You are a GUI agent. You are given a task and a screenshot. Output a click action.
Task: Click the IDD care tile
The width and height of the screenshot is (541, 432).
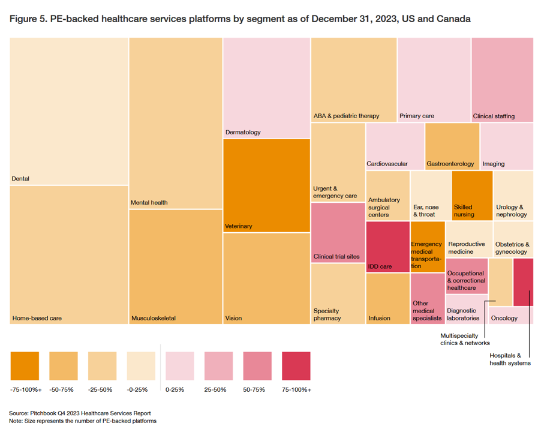point(388,247)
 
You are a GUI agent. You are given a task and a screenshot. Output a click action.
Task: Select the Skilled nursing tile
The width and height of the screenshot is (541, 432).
point(471,196)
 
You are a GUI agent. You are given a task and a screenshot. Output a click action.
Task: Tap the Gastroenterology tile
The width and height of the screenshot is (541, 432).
point(452,146)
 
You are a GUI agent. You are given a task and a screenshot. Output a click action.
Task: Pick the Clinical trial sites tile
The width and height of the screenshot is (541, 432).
point(338,232)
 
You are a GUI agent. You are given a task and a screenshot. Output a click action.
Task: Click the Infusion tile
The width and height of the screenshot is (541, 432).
point(387,298)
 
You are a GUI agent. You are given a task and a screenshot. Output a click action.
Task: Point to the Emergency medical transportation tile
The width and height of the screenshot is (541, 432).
point(428,247)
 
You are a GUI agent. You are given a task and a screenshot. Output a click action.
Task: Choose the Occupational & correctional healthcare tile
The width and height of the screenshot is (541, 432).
point(467,275)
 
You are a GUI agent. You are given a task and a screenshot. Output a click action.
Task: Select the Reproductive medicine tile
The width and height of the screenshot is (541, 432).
point(468,239)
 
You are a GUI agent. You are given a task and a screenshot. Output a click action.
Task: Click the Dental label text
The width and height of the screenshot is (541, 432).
point(20,179)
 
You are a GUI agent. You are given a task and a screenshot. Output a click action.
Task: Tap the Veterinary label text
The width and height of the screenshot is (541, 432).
point(238,226)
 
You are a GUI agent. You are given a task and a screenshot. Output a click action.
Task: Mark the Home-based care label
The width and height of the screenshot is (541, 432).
point(37,318)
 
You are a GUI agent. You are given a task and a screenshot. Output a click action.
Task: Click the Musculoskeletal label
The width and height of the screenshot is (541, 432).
point(153,318)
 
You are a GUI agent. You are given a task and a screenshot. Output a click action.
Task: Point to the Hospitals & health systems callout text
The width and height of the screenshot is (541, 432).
point(510,359)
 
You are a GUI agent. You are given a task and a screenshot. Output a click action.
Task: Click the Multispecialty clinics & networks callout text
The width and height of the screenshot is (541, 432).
point(465,339)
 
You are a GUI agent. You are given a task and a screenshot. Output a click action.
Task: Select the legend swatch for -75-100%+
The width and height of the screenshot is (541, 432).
point(25,366)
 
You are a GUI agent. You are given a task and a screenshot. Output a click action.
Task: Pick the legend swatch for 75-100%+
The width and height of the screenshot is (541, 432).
point(296,366)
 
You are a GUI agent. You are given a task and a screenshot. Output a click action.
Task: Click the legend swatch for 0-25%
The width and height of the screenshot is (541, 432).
point(180,366)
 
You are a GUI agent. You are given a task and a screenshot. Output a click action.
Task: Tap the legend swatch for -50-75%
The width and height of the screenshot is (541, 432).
point(64,366)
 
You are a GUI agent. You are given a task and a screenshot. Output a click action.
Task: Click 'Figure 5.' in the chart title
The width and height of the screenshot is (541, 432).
point(28,19)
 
